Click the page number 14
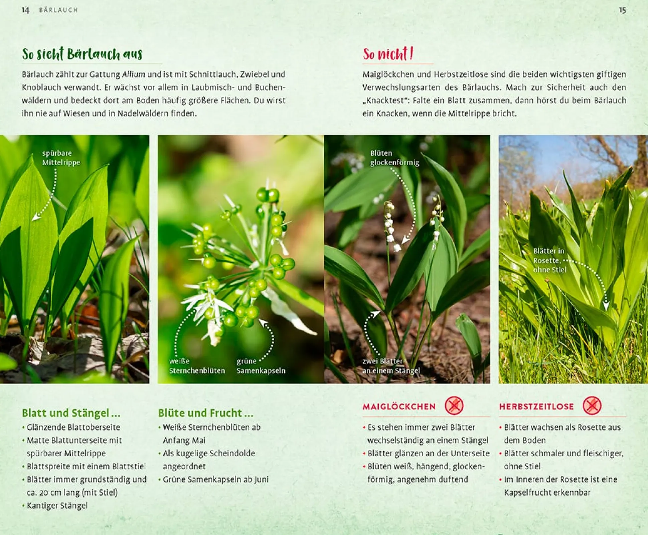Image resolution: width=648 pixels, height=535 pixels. point(25,10)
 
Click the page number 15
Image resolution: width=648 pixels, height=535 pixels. point(622,10)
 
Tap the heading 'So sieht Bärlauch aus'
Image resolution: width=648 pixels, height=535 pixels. point(82,54)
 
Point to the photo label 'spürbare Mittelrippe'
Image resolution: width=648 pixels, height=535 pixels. point(61,158)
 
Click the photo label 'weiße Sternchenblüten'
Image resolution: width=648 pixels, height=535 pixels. point(197,366)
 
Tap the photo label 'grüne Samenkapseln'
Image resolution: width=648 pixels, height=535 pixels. point(261,366)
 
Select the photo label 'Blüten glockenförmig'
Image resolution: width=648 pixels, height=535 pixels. point(394,158)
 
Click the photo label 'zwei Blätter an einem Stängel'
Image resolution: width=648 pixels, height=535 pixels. point(391,366)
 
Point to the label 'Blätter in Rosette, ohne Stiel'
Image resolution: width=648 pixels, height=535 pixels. point(550,260)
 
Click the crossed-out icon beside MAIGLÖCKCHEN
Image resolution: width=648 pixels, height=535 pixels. point(454,406)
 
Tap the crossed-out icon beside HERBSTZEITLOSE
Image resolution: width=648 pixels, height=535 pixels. point(592,406)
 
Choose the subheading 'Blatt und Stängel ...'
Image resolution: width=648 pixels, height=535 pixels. point(71,413)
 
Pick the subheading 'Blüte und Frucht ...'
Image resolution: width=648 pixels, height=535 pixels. point(206,413)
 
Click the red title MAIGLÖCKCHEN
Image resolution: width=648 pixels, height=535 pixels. point(399,406)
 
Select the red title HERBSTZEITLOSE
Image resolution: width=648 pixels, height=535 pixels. point(536,406)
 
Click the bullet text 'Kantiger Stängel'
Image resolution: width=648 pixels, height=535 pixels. point(57,506)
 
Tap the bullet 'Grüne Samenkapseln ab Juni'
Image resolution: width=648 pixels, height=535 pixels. point(216,480)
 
